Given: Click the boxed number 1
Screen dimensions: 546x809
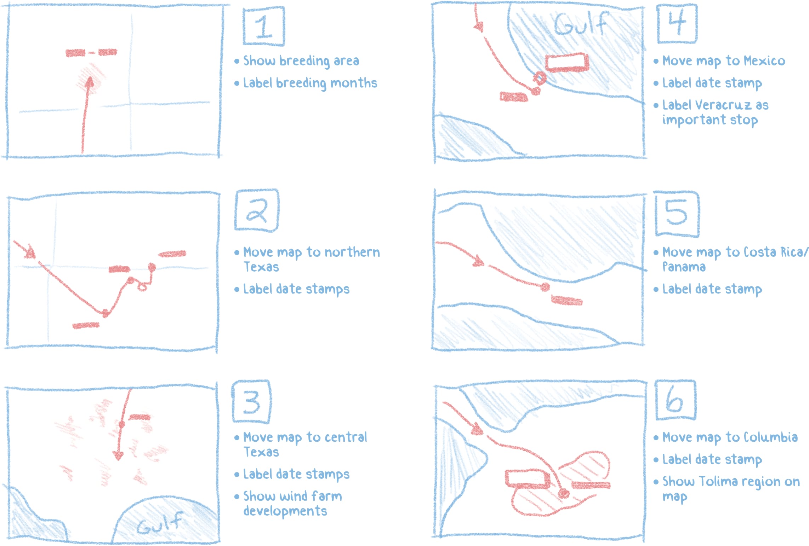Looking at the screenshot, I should click(x=263, y=27).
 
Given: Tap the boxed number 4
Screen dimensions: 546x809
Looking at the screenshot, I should click(x=677, y=23).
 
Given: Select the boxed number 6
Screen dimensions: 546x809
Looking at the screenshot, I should click(x=675, y=400).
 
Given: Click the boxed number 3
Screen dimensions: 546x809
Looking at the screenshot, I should click(x=251, y=402).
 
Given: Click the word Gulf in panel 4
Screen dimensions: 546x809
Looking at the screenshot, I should click(x=581, y=24).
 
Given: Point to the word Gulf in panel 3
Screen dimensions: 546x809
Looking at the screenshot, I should click(x=160, y=524).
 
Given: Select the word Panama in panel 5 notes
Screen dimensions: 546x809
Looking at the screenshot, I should click(x=684, y=267).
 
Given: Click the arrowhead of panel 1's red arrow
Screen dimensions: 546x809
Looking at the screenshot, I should click(x=89, y=82).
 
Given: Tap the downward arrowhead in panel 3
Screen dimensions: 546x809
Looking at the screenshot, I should click(x=119, y=456).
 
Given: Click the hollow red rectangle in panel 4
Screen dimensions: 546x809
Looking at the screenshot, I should click(x=567, y=63).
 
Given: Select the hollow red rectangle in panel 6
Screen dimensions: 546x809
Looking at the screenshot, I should click(x=528, y=479).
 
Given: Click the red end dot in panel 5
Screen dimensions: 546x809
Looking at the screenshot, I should click(x=545, y=286).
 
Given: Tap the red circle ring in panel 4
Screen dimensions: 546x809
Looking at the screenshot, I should click(x=540, y=77).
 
